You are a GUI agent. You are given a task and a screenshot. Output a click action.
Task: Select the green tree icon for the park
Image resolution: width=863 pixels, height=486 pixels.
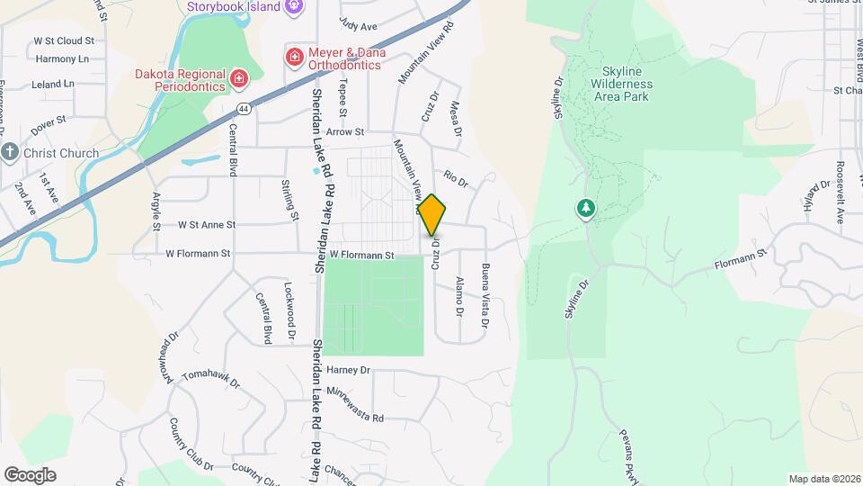click(585, 209)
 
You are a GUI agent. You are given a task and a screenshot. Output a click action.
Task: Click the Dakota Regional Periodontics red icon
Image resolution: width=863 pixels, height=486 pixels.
click(239, 78)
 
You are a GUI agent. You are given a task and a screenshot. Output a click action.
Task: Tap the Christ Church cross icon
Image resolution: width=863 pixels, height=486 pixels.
click(10, 152)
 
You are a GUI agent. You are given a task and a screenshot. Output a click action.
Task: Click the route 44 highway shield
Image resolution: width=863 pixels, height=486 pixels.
click(244, 108)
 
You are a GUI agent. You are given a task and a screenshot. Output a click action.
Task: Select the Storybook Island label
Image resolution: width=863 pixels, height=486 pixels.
click(234, 7)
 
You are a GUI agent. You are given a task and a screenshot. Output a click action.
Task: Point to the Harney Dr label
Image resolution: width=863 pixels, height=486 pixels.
click(349, 370)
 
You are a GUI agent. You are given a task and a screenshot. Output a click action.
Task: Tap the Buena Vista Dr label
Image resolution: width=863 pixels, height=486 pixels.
click(485, 295)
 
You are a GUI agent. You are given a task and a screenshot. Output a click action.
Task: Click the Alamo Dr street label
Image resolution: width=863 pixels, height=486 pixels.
click(458, 297)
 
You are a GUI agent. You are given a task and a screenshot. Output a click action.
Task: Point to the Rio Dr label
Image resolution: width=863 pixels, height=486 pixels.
click(457, 180)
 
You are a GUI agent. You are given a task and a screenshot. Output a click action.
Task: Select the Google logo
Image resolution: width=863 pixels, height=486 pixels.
click(30, 475)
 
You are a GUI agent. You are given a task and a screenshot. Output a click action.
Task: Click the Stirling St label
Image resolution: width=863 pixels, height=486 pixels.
click(289, 199)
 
